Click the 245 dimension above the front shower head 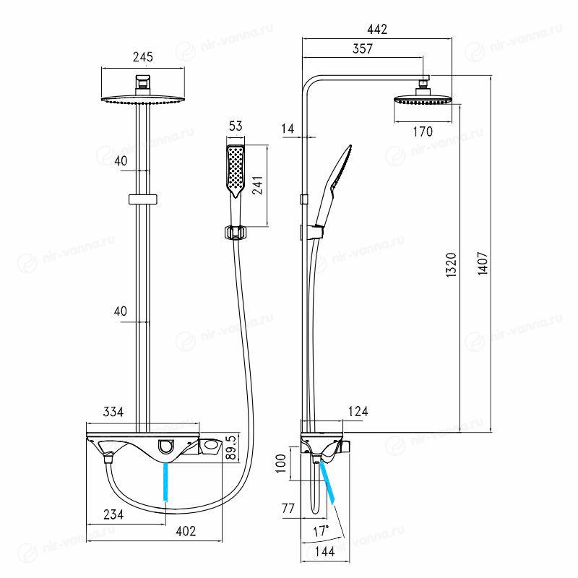(142, 57)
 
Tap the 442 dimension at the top (377, 30)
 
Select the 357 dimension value (363, 48)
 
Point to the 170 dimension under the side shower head (423, 131)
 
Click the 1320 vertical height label (451, 264)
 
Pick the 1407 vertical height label (483, 263)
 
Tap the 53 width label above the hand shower (236, 126)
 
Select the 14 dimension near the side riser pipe (288, 129)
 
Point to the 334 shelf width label (113, 411)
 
